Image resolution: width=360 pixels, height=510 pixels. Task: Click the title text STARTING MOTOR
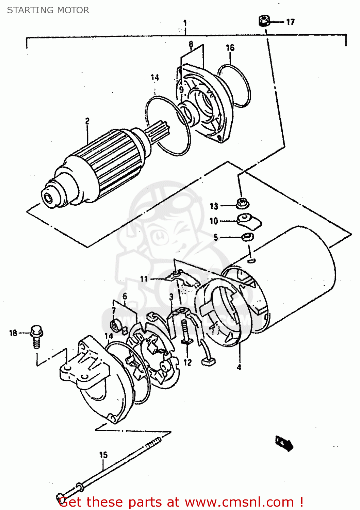tap(48, 10)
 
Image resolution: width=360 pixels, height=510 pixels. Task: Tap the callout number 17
tap(290, 22)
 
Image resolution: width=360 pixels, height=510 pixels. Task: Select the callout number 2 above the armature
tap(87, 121)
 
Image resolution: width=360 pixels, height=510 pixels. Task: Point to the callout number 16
tap(230, 48)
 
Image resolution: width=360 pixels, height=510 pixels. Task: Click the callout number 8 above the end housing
tap(191, 44)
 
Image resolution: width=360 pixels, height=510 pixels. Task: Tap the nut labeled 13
tap(242, 204)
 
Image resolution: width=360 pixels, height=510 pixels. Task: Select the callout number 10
tap(213, 221)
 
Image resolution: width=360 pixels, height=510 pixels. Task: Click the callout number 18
tap(13, 333)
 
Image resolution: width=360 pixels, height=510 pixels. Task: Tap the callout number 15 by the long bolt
tap(103, 455)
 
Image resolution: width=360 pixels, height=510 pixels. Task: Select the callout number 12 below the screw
tap(187, 362)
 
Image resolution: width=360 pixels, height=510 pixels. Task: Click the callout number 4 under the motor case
tap(239, 367)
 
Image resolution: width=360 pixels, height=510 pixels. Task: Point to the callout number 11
tap(144, 279)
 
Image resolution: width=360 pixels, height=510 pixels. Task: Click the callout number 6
tap(125, 296)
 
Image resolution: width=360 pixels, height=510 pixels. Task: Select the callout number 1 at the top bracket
tap(185, 23)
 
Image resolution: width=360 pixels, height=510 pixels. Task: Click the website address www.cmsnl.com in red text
tap(239, 502)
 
